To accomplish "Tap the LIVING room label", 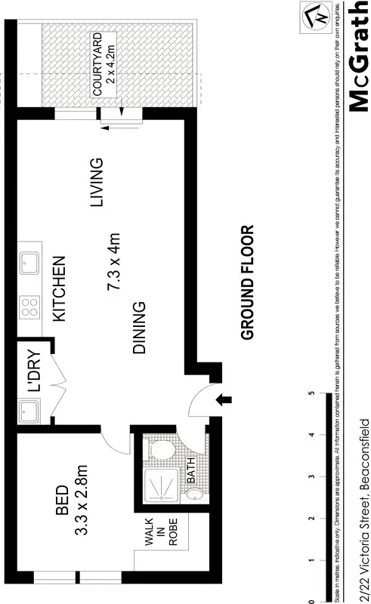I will pos(96,183).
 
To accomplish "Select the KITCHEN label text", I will pos(60,290).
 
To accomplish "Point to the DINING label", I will pos(139,328).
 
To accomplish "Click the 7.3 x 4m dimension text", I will pos(116,263).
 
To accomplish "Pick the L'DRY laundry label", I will pos(35,370).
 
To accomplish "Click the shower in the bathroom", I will pos(161,487).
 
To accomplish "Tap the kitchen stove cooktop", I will pos(29,307).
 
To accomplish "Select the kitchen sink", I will pos(29,262).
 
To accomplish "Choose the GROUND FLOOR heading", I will pos(247,282).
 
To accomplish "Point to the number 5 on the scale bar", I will pos(311,393).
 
